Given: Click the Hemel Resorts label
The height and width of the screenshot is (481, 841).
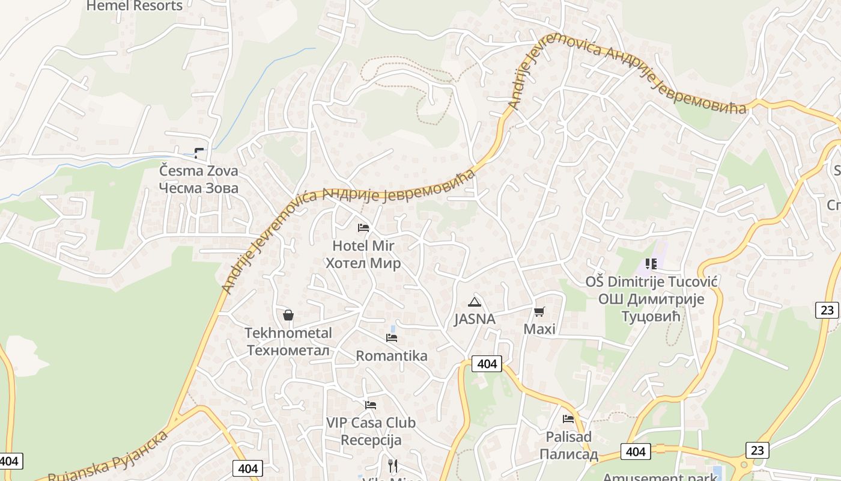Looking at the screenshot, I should click(x=134, y=6).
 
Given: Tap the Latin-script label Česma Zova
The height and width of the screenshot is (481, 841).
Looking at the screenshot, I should click(x=198, y=171).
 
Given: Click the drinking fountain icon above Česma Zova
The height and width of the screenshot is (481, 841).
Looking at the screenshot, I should click(x=199, y=153).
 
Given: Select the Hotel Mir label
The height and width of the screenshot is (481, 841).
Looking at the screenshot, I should click(x=363, y=246).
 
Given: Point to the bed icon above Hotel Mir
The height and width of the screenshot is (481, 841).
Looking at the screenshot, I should click(x=363, y=228).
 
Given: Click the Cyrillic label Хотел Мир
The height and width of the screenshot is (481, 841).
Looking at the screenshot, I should click(x=363, y=263).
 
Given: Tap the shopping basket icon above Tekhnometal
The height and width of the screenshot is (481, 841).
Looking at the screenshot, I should click(x=288, y=315).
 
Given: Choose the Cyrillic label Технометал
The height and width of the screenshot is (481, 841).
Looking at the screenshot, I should click(x=288, y=351).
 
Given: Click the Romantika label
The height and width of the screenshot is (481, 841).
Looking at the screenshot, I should click(x=392, y=356).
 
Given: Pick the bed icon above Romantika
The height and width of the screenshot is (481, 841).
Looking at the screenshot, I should click(x=392, y=338).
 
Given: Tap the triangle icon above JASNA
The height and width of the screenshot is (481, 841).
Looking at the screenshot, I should click(x=475, y=302).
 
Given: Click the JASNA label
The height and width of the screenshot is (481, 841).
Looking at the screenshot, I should click(x=475, y=319).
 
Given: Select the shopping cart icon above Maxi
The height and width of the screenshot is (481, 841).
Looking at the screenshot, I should click(x=539, y=311).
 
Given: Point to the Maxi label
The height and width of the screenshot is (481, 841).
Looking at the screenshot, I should click(x=539, y=329).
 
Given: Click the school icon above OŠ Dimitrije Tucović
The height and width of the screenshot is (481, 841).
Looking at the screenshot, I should click(x=651, y=263).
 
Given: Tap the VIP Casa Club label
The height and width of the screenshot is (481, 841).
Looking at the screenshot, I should click(x=371, y=423).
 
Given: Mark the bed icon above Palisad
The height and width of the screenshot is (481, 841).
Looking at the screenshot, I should click(x=568, y=419).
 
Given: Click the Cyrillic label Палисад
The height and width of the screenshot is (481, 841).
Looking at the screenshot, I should click(x=568, y=455).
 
